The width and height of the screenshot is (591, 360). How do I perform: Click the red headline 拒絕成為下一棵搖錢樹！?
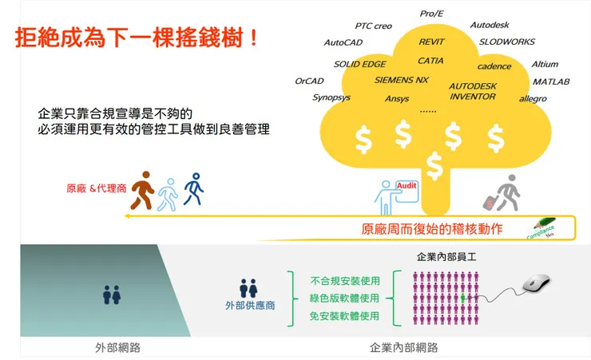pos(137,38)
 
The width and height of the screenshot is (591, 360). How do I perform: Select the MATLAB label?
pos(551,81)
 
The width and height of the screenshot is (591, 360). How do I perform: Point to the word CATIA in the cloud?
pos(430,61)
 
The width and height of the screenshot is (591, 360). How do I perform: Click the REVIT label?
pos(433,42)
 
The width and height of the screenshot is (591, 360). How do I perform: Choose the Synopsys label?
pos(331,97)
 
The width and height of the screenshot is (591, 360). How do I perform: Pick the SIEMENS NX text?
pos(401,80)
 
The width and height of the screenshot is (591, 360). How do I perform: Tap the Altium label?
pos(545,64)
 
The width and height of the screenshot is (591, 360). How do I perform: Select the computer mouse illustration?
pos(535,283)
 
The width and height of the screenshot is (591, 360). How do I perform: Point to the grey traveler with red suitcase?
pos(504,193)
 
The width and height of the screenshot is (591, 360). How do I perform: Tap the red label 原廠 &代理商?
pos(96,189)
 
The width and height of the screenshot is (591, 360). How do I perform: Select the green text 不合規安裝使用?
pos(344,280)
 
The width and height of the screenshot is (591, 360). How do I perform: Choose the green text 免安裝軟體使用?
pos(344,316)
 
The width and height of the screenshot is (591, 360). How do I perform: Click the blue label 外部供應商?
pos(248,307)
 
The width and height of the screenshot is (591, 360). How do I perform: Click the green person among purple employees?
pos(462,297)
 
